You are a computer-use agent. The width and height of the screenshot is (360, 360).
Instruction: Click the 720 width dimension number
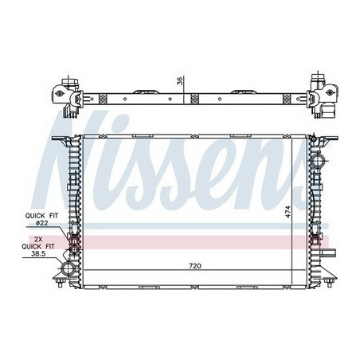pyautogui.click(x=195, y=266)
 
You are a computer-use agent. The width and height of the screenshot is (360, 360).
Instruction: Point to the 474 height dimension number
pyautogui.click(x=288, y=212)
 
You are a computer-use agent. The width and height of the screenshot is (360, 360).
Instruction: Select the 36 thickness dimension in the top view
pyautogui.click(x=180, y=80)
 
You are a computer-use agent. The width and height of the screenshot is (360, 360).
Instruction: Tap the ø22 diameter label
pyautogui.click(x=42, y=223)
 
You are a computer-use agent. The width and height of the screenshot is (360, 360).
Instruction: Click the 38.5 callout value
pyautogui.click(x=38, y=253)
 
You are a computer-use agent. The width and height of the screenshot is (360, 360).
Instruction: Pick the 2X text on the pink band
pyautogui.click(x=38, y=239)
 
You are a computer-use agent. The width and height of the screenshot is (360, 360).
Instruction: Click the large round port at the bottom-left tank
pyautogui.click(x=68, y=268)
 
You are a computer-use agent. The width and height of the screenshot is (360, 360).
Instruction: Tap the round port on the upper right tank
pyautogui.click(x=318, y=160)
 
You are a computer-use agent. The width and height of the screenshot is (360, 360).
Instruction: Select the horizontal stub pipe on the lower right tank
pyautogui.click(x=329, y=252)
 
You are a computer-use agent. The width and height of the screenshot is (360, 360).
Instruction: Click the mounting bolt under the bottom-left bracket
pyautogui.click(x=61, y=283)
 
